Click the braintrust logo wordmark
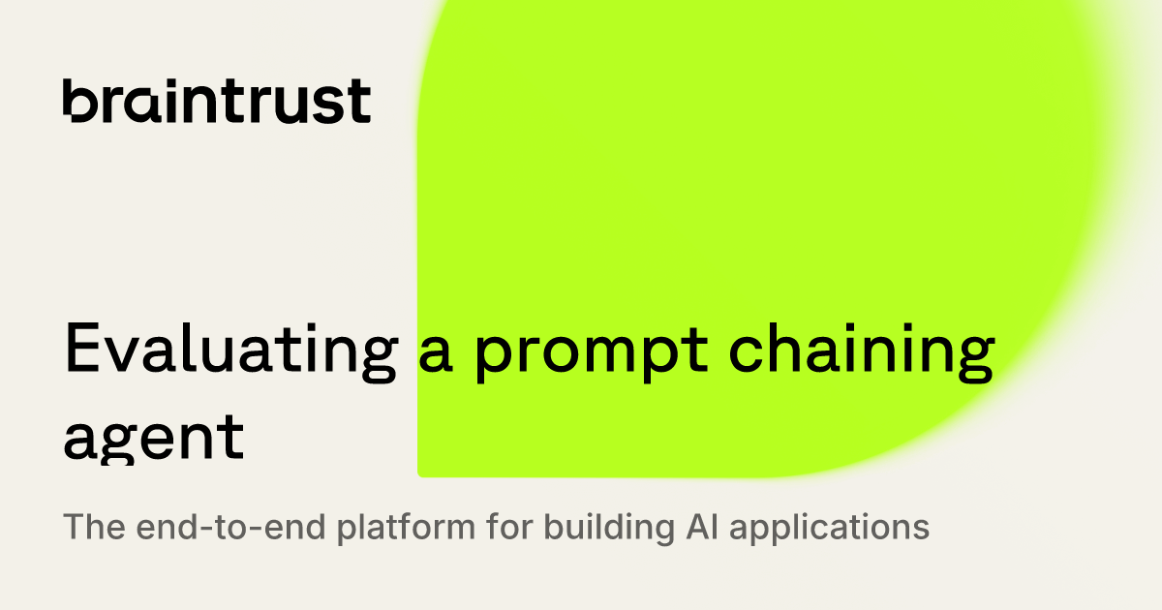click(216, 101)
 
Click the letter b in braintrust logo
click(79, 101)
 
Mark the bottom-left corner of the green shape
click(420, 473)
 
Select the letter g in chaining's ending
click(971, 360)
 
